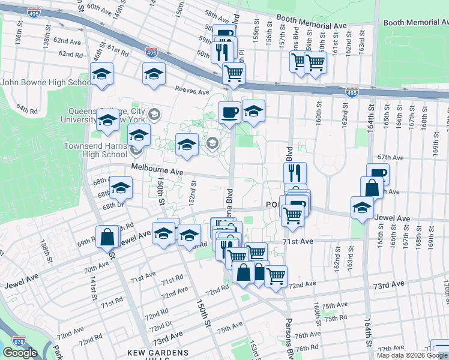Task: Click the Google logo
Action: click(20, 353)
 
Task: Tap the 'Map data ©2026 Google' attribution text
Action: click(412, 355)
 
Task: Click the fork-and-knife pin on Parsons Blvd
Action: click(295, 173)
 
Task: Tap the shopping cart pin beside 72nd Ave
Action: click(276, 277)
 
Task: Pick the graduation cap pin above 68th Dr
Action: click(121, 189)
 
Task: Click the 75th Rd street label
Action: click(334, 317)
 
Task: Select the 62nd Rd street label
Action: click(70, 54)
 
